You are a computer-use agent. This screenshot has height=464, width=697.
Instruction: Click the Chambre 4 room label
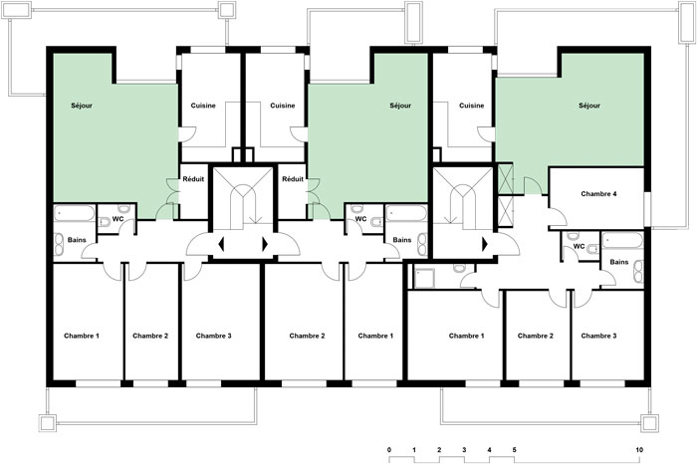click(x=598, y=194)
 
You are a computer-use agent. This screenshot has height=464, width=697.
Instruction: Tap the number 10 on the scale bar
click(x=639, y=450)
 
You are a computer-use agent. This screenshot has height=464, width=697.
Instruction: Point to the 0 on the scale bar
click(x=389, y=450)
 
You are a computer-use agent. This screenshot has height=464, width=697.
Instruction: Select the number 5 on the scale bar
click(x=515, y=450)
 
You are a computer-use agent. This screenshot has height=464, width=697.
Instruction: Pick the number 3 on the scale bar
click(x=464, y=450)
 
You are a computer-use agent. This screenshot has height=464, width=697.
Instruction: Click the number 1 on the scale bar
click(x=414, y=450)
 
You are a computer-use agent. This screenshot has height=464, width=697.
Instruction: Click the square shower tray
click(x=424, y=277)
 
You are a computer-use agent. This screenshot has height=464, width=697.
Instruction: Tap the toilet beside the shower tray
click(x=459, y=269)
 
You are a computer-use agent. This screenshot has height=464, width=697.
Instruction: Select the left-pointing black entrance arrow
click(x=221, y=244)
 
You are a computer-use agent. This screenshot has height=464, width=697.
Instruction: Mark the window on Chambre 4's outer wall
click(x=647, y=210)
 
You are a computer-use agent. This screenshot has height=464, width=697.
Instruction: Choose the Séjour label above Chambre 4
click(x=589, y=106)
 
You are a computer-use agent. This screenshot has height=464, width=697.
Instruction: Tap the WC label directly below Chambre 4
click(x=579, y=246)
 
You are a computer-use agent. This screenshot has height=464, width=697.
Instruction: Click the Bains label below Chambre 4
click(x=619, y=262)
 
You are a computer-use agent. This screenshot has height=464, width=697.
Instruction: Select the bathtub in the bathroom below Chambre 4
click(x=622, y=240)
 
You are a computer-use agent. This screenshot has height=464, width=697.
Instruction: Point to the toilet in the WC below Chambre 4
click(x=592, y=249)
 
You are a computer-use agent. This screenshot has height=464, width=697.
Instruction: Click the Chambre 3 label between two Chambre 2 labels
click(x=213, y=336)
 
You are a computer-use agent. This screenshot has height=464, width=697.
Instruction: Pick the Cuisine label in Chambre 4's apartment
click(x=471, y=106)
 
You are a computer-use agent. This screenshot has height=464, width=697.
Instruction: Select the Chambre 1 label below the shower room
click(x=466, y=336)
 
